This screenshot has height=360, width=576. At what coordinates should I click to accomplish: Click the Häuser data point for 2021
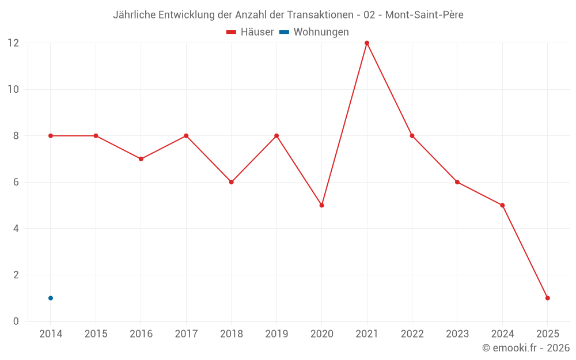click(367, 43)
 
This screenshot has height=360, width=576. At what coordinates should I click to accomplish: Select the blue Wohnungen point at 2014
click(51, 298)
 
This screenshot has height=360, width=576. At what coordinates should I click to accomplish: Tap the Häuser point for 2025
click(547, 298)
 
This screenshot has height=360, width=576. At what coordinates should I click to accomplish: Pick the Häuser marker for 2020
click(321, 205)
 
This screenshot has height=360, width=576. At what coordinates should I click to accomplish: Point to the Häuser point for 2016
click(141, 159)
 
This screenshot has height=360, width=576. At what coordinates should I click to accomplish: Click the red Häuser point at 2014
click(51, 136)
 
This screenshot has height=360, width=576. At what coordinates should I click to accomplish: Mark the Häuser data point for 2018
click(231, 182)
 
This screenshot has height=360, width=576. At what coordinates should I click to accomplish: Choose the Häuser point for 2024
click(502, 205)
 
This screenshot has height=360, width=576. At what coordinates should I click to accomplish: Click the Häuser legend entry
click(250, 32)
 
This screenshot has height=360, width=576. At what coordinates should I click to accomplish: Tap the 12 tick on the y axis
click(13, 43)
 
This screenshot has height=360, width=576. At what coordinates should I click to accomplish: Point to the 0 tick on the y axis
click(16, 321)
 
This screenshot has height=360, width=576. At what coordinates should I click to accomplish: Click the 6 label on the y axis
click(16, 182)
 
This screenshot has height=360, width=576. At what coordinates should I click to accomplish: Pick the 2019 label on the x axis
click(276, 334)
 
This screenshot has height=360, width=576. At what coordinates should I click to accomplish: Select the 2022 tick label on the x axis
click(412, 334)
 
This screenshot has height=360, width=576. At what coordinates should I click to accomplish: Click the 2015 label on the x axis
click(96, 334)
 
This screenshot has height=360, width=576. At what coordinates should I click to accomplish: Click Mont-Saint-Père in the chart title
click(424, 15)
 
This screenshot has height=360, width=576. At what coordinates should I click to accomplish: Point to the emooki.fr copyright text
click(526, 348)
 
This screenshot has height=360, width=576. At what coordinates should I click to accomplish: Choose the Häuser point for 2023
click(457, 182)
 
